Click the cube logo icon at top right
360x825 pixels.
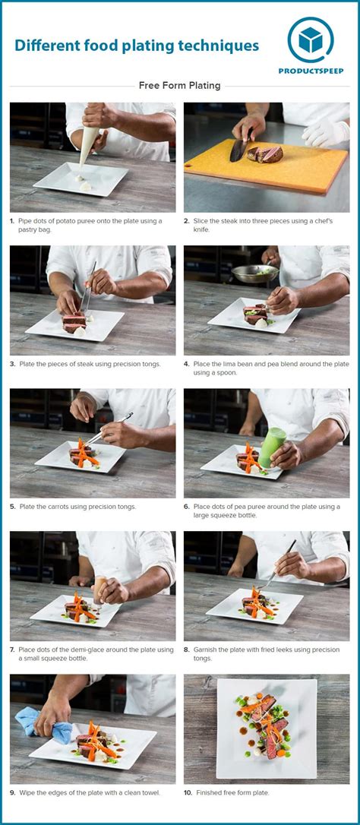click(311, 40)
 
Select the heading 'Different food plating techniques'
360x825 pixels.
click(137, 46)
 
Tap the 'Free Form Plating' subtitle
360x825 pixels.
click(179, 86)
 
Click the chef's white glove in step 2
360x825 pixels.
click(325, 132)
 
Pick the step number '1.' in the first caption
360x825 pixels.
click(12, 221)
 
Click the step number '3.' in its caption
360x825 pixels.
click(12, 364)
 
